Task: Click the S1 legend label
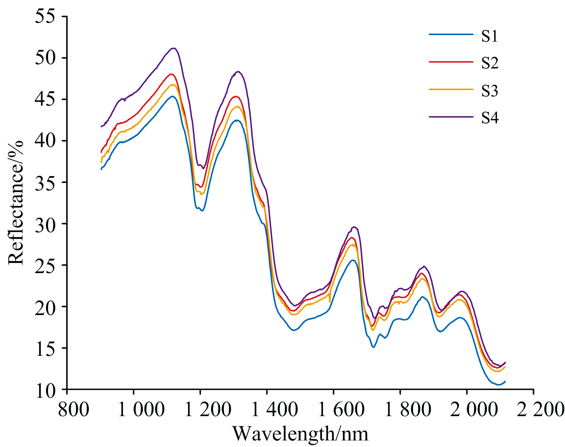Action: point(489,36)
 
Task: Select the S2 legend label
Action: point(489,63)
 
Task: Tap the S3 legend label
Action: point(489,90)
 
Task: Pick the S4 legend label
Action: point(489,118)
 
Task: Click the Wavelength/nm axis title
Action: point(300,434)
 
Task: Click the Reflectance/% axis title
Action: point(16,202)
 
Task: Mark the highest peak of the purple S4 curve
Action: point(174,48)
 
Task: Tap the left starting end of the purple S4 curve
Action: point(101,127)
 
